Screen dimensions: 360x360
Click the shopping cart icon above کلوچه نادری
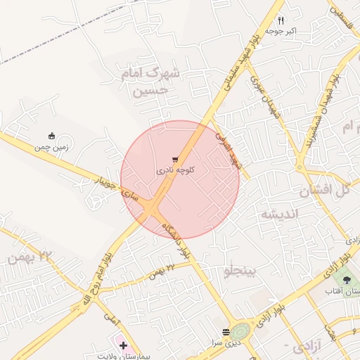[x=174, y=160]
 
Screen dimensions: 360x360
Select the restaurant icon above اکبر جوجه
[x=281, y=20]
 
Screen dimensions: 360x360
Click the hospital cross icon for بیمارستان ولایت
[x=123, y=345]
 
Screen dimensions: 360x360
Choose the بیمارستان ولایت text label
[x=125, y=356]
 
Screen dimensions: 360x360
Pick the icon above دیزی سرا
[x=226, y=332]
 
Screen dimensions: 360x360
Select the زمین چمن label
[x=51, y=147]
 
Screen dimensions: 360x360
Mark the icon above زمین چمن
[x=51, y=136]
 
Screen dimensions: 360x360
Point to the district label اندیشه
[x=281, y=213]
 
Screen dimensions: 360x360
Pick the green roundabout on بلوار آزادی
[x=240, y=331]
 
